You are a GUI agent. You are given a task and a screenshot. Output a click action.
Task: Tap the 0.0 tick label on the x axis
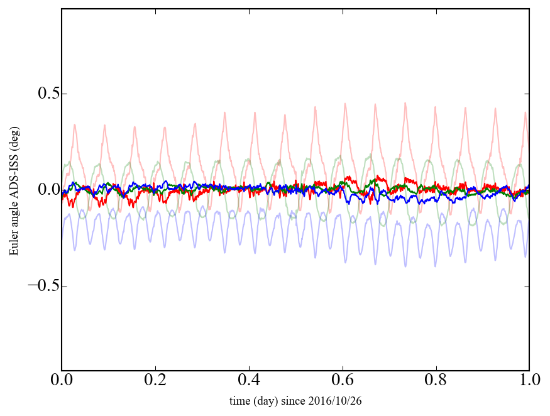pyautogui.click(x=62, y=381)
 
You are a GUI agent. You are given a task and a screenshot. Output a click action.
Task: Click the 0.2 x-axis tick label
pyautogui.click(x=155, y=381)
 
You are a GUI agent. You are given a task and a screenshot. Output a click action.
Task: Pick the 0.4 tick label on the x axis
pyautogui.click(x=249, y=381)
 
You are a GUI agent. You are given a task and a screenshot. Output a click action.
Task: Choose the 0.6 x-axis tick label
pyautogui.click(x=343, y=381)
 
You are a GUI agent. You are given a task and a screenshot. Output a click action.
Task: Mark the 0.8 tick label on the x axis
pyautogui.click(x=436, y=381)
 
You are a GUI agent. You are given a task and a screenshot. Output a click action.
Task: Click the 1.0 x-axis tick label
pyautogui.click(x=529, y=381)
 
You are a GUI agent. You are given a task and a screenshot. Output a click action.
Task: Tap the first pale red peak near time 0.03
pyautogui.click(x=75, y=124)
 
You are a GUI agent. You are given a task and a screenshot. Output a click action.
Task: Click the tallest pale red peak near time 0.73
pyautogui.click(x=405, y=103)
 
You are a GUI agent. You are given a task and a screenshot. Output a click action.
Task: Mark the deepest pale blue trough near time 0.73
pyautogui.click(x=405, y=266)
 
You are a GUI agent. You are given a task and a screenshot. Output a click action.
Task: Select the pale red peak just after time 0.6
pyautogui.click(x=345, y=104)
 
